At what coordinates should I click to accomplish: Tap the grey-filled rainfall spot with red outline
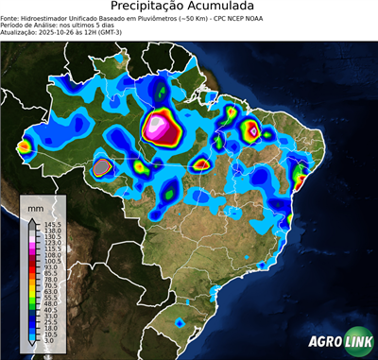(101, 167)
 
